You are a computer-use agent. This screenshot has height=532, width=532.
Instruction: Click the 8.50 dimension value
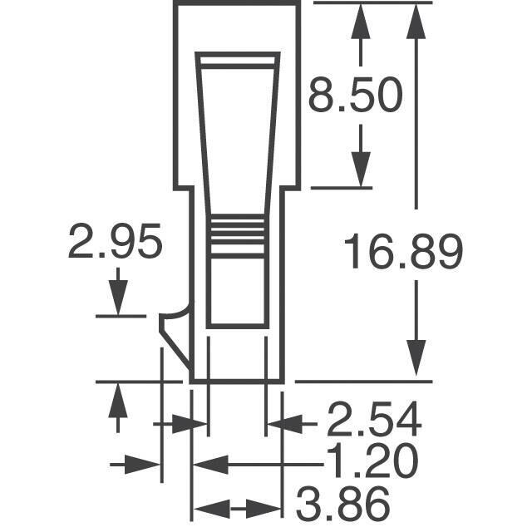click(x=355, y=95)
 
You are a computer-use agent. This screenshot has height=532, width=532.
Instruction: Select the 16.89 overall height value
click(x=403, y=251)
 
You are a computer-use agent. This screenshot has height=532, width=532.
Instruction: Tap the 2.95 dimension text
click(x=115, y=241)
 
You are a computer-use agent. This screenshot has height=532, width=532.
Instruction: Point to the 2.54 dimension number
click(x=374, y=419)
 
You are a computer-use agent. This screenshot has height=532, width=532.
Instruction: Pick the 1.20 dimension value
click(x=372, y=461)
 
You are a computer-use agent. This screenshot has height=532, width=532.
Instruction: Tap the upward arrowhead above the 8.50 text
click(x=360, y=21)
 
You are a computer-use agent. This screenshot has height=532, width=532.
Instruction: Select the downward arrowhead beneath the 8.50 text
click(x=360, y=170)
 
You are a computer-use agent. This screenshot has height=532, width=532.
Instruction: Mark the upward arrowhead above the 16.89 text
click(x=416, y=21)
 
